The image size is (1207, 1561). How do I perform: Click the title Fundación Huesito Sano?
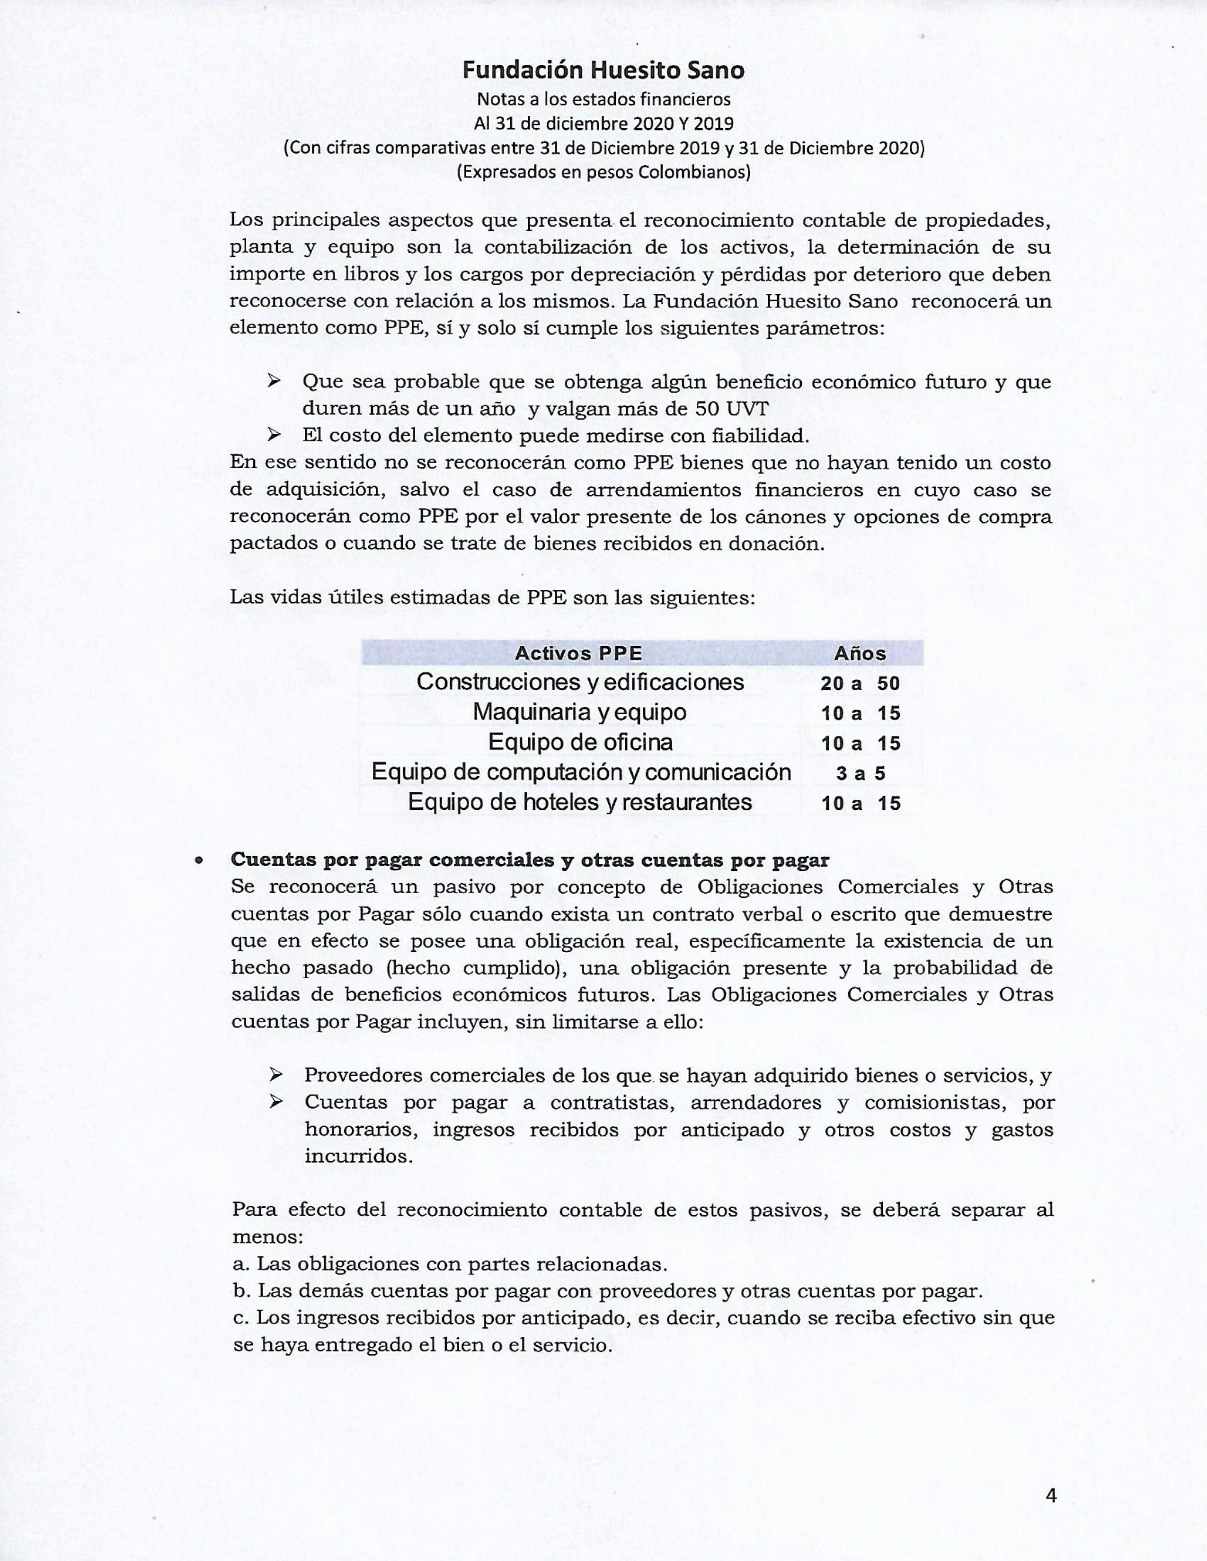point(603,70)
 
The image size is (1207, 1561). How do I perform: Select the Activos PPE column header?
point(578,653)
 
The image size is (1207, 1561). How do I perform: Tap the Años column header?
point(860,653)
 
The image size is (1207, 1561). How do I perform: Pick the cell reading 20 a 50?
point(860,684)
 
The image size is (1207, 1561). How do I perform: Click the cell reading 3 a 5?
point(860,773)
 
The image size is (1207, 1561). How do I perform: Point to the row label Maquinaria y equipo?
point(579,712)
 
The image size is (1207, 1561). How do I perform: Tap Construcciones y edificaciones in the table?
point(580,682)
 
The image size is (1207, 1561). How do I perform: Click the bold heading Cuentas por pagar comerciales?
point(529,860)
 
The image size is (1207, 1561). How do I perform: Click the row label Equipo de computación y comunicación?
point(581,772)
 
